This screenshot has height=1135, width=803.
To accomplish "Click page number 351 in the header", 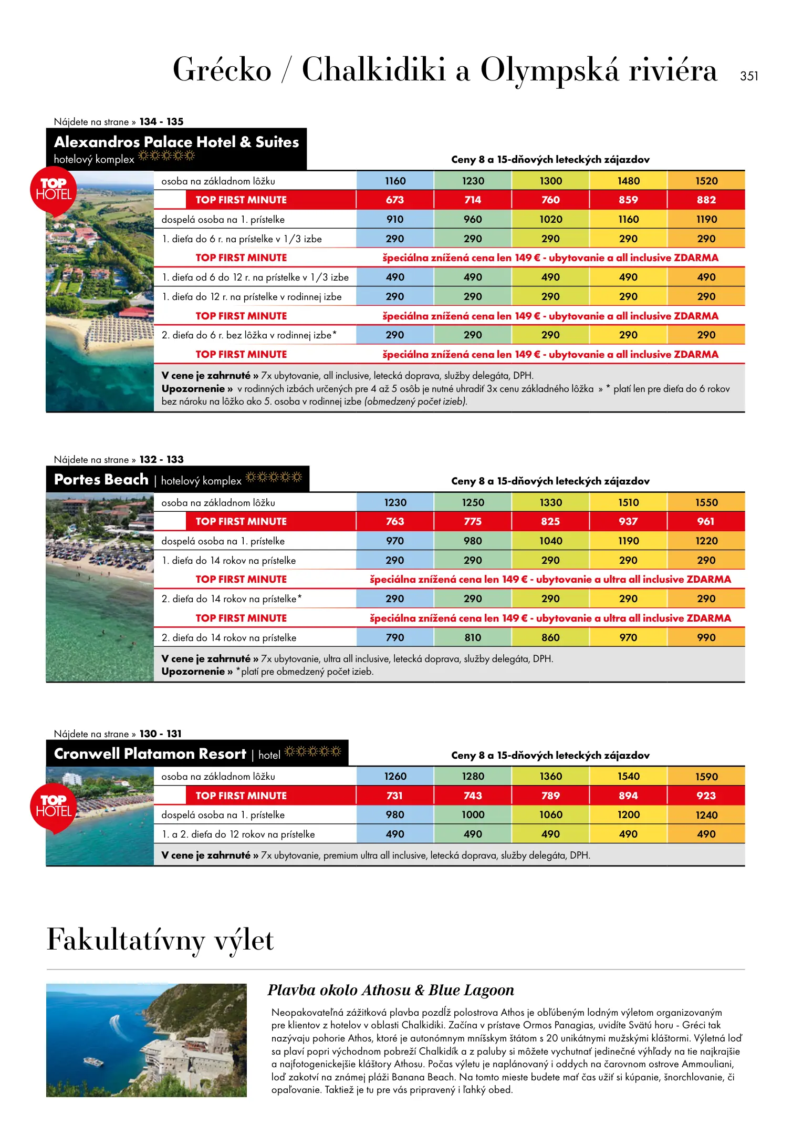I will point(749,76).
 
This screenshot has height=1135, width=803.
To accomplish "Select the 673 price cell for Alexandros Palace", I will point(395,200).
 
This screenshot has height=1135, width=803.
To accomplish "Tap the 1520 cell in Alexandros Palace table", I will point(706,181).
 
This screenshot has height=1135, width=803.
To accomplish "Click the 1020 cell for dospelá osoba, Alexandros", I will point(550,219).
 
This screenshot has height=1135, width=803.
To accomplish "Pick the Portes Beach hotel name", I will point(101,480).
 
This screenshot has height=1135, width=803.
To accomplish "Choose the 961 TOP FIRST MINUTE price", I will point(706,521).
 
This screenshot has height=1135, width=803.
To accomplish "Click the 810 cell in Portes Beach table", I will point(473,637).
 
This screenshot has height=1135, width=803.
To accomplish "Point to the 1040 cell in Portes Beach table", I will point(550,541).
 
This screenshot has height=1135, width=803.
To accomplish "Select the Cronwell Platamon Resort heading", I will point(150,754).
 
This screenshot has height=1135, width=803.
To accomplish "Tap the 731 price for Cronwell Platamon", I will point(395,796).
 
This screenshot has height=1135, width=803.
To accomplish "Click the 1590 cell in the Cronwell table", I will point(706,777).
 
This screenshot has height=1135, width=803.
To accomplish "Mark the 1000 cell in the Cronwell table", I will point(473,814).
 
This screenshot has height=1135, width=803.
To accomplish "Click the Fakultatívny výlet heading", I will point(160,940).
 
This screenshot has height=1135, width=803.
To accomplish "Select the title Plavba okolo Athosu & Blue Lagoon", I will point(391,990).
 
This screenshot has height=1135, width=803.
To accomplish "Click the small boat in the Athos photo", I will point(93,1061).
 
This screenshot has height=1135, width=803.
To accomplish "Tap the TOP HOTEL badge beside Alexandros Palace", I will point(54,190).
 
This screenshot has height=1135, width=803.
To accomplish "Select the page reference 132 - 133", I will point(161,459).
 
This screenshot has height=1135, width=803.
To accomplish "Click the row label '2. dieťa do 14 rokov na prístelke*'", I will point(232,599).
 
